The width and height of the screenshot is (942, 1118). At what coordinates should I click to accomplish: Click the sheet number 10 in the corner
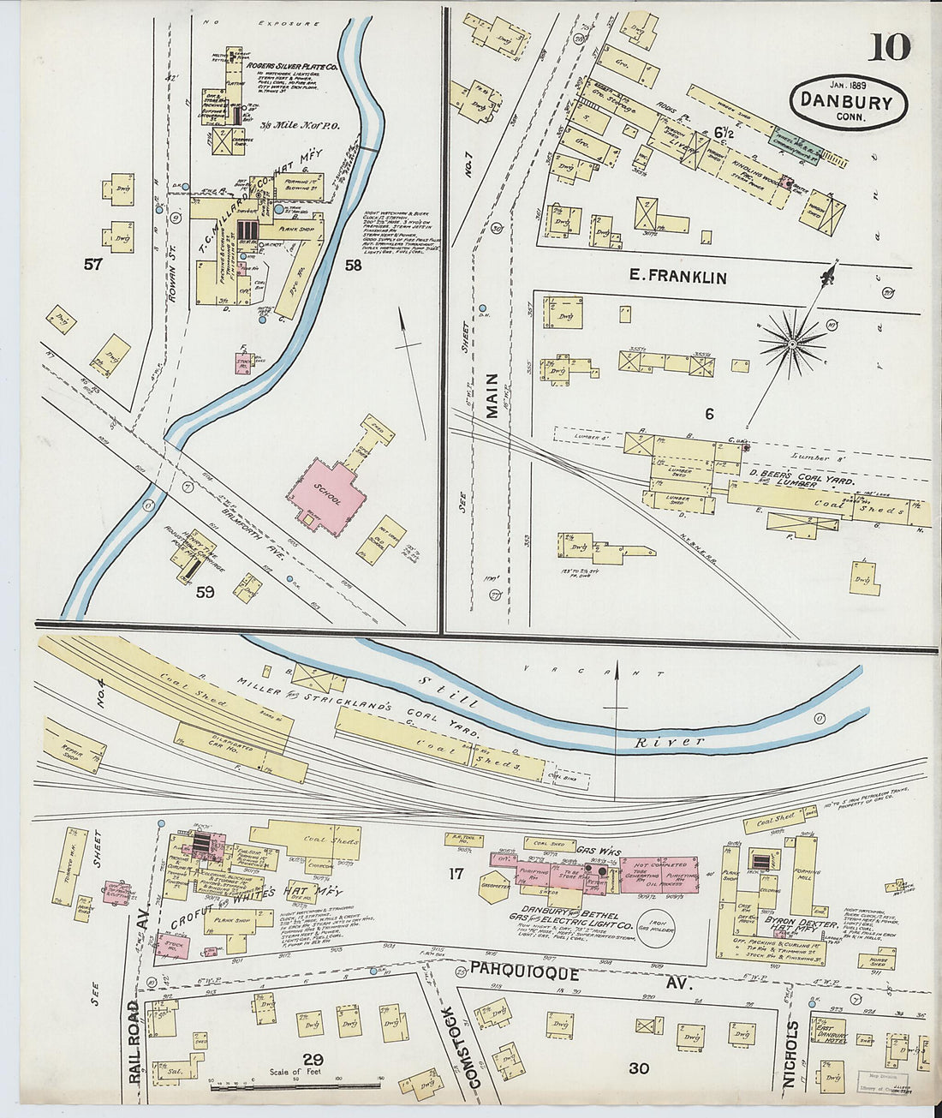pos(889,47)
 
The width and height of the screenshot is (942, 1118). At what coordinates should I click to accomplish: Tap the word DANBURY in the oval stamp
pos(846,101)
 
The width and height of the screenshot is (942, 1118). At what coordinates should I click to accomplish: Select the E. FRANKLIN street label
pos(677,277)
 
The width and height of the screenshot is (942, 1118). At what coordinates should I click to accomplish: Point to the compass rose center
pos(793,344)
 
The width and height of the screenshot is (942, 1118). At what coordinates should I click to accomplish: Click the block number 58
pos(353,266)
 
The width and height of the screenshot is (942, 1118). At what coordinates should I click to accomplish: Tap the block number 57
pos(93,265)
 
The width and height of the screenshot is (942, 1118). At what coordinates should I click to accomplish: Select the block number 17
pos(456,874)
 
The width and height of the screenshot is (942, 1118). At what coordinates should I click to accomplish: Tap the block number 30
pos(638,1068)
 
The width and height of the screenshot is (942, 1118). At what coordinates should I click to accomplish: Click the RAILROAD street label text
pos(134,1041)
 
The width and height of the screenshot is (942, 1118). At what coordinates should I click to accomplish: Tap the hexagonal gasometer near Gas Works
pos(495,887)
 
